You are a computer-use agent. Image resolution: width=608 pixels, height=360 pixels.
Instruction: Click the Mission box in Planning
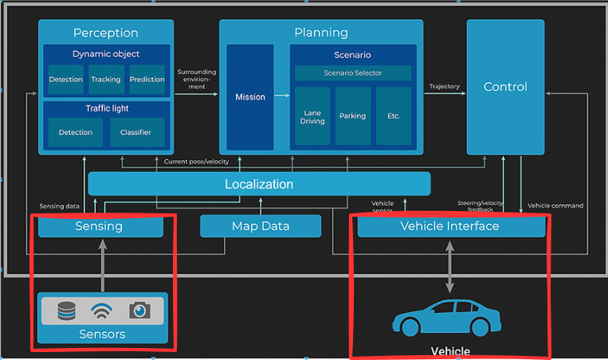click(x=249, y=97)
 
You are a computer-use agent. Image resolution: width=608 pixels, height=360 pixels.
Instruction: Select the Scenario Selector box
click(x=352, y=73)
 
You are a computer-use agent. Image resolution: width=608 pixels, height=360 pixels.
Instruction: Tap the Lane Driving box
click(x=312, y=115)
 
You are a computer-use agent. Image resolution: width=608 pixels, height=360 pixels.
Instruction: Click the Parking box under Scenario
click(x=352, y=115)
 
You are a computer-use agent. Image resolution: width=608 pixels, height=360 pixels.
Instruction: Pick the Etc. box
click(x=393, y=115)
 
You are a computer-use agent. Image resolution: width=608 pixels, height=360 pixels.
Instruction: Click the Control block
click(x=505, y=87)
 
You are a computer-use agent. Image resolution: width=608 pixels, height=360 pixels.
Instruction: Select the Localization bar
click(x=259, y=184)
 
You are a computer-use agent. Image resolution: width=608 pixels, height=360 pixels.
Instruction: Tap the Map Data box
click(x=260, y=226)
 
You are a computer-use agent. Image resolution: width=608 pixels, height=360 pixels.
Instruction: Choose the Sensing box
click(x=100, y=226)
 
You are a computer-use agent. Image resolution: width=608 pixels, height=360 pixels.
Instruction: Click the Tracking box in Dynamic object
click(x=105, y=80)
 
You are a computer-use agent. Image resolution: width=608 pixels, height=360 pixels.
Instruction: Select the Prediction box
click(x=147, y=80)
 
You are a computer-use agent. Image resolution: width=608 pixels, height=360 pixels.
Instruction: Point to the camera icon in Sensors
click(x=139, y=311)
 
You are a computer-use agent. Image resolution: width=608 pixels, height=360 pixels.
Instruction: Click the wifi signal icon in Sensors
click(x=103, y=311)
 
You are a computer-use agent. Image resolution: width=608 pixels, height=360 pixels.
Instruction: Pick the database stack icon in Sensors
click(x=66, y=311)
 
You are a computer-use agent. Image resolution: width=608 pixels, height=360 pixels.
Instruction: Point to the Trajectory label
click(x=445, y=87)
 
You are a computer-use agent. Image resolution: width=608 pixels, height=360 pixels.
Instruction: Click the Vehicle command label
click(x=555, y=205)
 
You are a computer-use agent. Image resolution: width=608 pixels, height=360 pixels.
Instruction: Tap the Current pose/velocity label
click(x=196, y=162)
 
